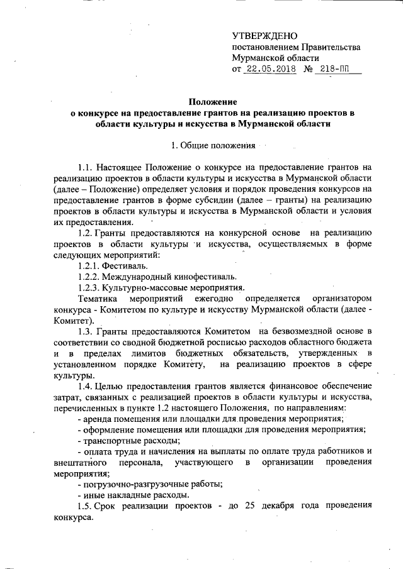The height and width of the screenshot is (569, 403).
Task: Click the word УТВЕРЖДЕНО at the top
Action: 265,36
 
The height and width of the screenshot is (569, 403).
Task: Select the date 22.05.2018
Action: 270,69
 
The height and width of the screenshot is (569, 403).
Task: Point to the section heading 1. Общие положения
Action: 213,146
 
